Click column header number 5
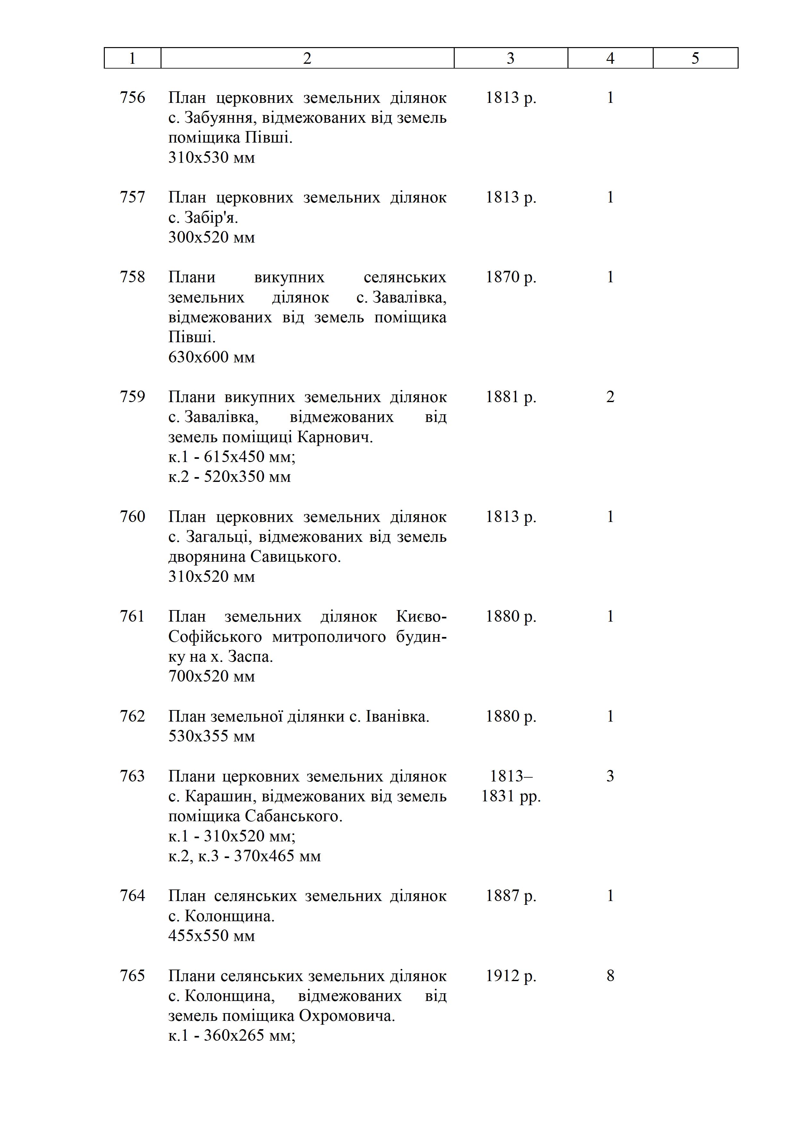[695, 58]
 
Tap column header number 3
[510, 58]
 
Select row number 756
[133, 97]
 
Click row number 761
[133, 616]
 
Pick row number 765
[133, 976]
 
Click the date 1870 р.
[510, 277]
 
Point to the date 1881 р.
[510, 397]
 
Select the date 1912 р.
[510, 976]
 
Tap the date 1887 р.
[510, 895]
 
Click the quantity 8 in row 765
[610, 976]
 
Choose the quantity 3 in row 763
[610, 776]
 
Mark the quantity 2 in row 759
[610, 397]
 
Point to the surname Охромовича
[347, 1016]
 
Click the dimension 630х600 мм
[211, 357]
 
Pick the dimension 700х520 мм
[211, 676]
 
